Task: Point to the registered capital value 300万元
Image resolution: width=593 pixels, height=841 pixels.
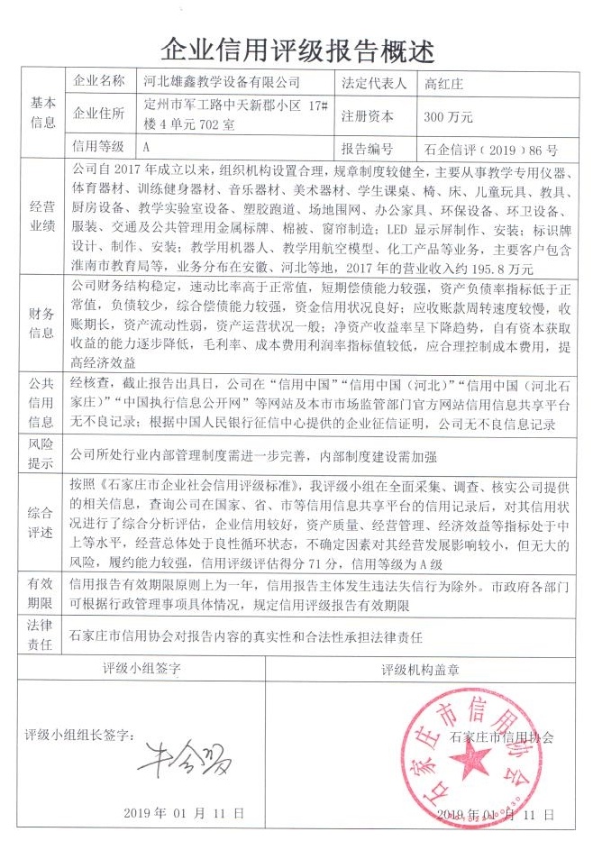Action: click(448, 116)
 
